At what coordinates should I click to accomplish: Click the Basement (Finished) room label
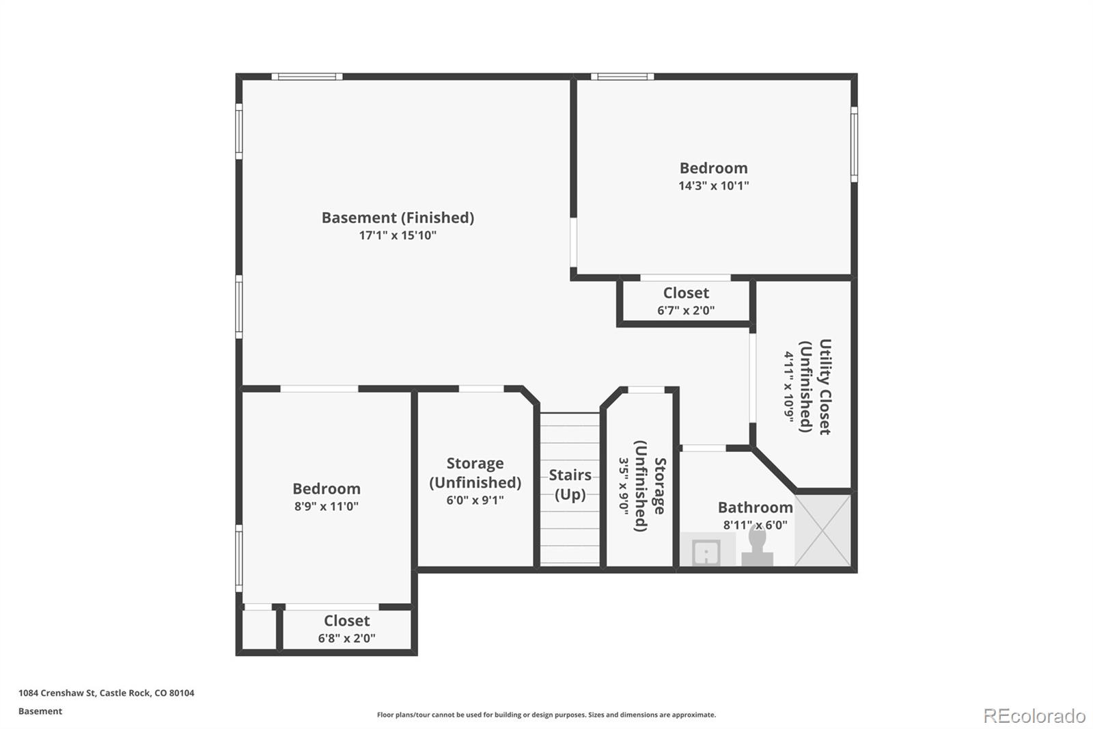pos(398,218)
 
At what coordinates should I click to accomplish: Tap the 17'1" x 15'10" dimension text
pos(398,235)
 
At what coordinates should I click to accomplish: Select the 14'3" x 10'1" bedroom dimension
pos(713,186)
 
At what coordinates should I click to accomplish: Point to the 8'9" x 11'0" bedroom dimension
pos(327,506)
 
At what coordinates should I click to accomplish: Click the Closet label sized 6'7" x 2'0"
pos(686,293)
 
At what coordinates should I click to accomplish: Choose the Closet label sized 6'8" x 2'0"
pos(346,621)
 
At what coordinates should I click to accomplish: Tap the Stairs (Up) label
pos(570,485)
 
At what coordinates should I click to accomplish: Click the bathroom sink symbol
pos(706,552)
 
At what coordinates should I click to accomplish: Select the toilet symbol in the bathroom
pos(758,547)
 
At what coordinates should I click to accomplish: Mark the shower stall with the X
pos(822,531)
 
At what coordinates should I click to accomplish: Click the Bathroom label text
pos(756,507)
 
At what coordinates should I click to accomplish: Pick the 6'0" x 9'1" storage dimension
pos(475,501)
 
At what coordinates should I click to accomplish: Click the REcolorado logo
pos(1034,716)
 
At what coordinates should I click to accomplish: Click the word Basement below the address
pos(40,711)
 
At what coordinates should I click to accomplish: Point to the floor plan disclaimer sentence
pos(546,715)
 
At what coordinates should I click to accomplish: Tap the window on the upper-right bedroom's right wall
pos(854,144)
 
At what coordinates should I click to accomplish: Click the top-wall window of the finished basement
pos(307,77)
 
